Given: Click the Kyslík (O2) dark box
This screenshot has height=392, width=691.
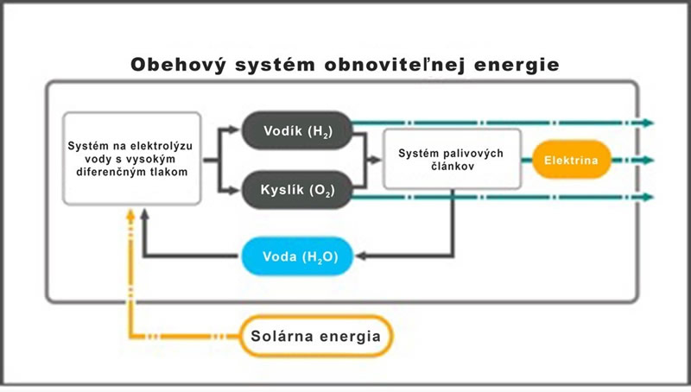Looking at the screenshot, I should pos(296,188).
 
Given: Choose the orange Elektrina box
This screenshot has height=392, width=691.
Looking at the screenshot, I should pos(571,160).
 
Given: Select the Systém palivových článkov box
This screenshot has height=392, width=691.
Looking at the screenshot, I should pos(451,159).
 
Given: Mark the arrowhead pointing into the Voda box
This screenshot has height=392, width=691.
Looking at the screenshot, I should pos(359,256).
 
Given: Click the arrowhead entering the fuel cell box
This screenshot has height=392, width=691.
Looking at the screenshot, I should pos(377,160).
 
